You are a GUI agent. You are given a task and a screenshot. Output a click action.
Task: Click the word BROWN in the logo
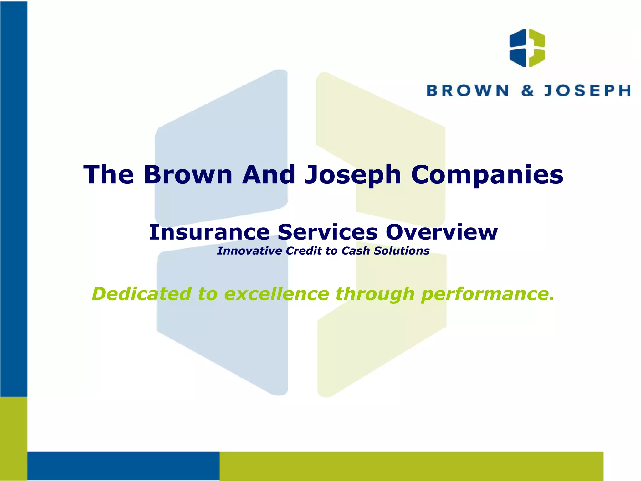coord(468,91)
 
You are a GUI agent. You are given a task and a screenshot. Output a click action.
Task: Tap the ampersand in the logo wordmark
coord(527,91)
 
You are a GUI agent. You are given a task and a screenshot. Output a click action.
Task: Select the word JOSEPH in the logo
coord(587,91)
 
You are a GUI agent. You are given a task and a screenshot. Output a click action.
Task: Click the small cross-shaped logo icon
coord(527,48)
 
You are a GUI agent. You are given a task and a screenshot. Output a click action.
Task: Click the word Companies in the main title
coord(487,175)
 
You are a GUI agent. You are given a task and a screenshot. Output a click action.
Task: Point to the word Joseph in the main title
coord(353,175)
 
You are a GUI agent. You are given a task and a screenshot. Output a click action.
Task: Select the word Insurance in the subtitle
coord(209,232)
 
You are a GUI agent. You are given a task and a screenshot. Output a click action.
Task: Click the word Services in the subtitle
coord(327,232)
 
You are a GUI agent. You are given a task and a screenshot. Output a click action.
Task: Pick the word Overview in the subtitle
coord(441,232)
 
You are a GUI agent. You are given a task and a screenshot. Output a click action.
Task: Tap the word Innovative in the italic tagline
coord(249,251)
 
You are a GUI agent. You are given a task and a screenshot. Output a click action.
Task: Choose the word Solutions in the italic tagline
coord(402,251)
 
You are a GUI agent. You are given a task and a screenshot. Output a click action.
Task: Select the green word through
coord(375,294)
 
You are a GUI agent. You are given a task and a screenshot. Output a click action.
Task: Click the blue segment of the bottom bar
coord(123,466)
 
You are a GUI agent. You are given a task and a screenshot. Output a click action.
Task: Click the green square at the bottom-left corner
coord(13,438)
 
